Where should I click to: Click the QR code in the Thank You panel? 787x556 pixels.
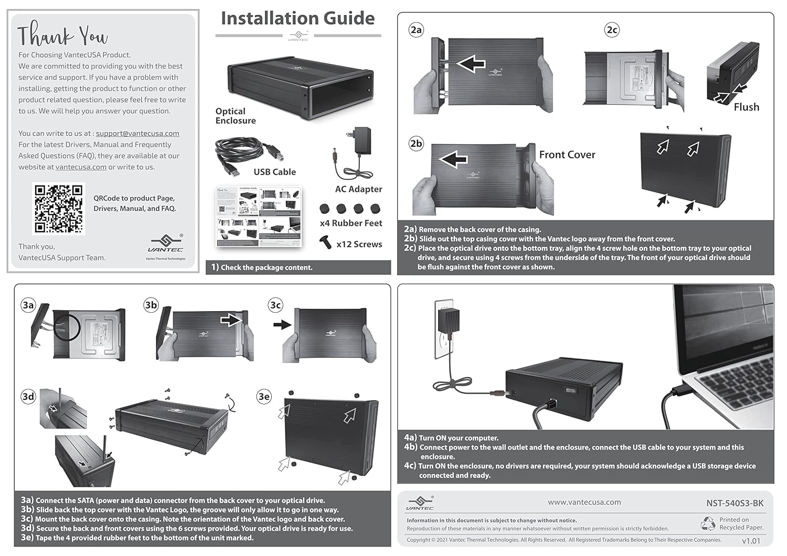[x=59, y=208]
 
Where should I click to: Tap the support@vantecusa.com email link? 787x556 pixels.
[x=137, y=134]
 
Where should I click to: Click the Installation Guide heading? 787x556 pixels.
[x=297, y=18]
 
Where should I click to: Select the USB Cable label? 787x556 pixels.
[x=274, y=172]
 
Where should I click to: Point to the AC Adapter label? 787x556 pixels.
[x=358, y=189]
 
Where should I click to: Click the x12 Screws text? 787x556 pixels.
[x=359, y=244]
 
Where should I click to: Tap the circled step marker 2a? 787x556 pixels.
[x=416, y=30]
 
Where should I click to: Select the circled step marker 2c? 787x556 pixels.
[x=612, y=30]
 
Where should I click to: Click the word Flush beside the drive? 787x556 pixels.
[x=746, y=107]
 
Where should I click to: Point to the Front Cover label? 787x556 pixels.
[x=567, y=155]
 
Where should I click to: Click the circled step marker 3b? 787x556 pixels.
[x=151, y=305]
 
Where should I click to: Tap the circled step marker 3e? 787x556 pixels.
[x=264, y=397]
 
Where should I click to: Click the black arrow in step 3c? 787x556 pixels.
[x=282, y=325]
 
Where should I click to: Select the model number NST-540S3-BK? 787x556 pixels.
[x=735, y=503]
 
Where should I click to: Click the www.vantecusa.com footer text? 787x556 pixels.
[x=584, y=502]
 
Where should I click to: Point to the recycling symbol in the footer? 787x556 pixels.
[x=708, y=523]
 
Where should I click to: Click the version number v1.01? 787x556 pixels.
[x=751, y=541]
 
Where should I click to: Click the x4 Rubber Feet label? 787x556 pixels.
[x=350, y=223]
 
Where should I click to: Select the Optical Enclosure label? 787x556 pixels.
[x=236, y=116]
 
